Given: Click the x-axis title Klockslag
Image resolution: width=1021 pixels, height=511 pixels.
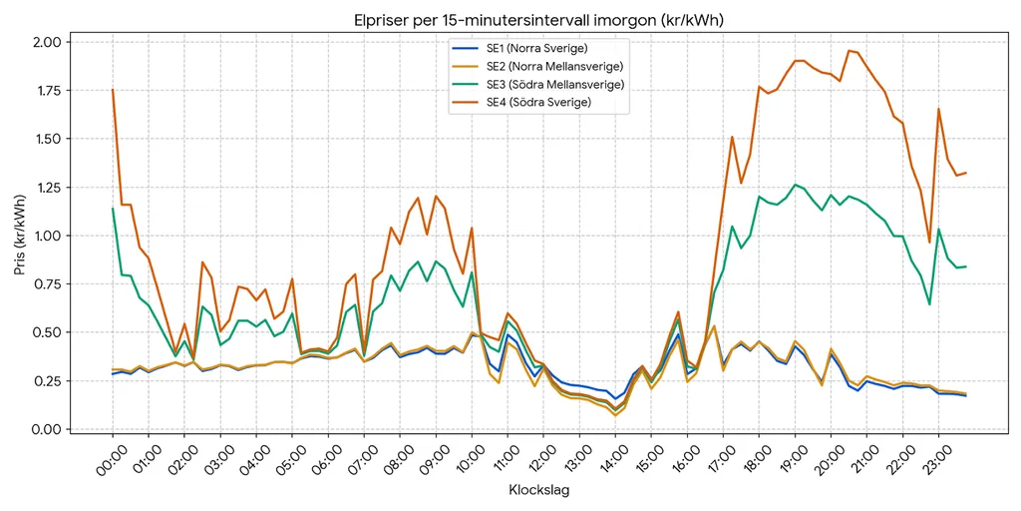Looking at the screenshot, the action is [538, 489].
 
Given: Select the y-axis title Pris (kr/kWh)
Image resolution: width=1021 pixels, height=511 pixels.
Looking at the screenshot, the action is [22, 236].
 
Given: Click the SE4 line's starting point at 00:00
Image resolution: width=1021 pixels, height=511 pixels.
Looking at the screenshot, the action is [113, 90].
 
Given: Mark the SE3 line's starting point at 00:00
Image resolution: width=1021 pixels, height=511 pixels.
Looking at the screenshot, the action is [113, 209].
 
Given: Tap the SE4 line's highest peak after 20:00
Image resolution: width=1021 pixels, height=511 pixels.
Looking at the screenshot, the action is [849, 50].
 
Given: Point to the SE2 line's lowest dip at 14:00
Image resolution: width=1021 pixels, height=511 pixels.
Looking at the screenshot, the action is [615, 415].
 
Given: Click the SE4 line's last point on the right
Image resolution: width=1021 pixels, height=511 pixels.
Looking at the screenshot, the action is [965, 173].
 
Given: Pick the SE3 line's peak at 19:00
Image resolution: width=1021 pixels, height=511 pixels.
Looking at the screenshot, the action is [795, 185].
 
